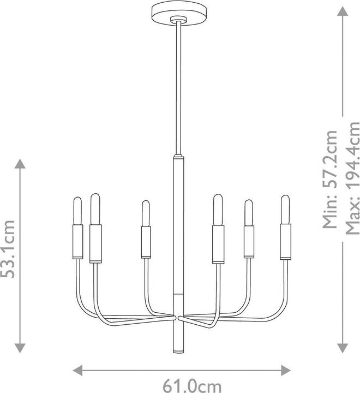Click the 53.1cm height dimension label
[8, 249]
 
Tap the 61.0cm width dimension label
[192, 386]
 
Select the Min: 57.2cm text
[330, 179]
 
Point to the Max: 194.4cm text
[352, 178]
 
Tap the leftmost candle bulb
[77, 211]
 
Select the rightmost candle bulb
[285, 210]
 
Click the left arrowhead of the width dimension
[77, 370]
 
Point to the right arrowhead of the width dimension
[286, 370]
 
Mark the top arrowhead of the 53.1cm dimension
[20, 164]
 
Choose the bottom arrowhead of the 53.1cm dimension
[20, 348]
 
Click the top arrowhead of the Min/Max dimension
[342, 11]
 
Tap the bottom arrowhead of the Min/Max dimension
[342, 348]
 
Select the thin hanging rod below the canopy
[178, 88]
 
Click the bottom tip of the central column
[179, 353]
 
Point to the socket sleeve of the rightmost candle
[286, 242]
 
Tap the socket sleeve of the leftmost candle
[77, 241]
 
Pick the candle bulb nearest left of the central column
[146, 213]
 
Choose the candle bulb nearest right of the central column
[218, 210]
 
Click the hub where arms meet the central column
[179, 318]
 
